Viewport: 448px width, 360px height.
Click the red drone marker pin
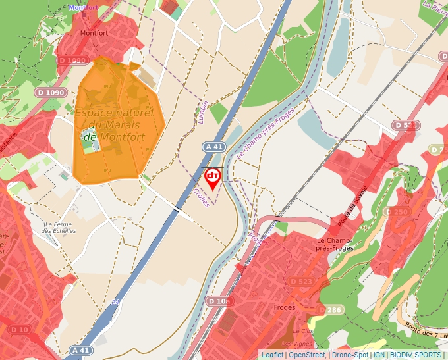point(212,178)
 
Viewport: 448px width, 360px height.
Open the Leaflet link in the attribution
point(271,355)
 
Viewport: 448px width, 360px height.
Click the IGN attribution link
point(379,355)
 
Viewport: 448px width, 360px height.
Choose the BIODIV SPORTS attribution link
point(415,355)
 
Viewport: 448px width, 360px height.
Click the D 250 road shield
point(397,212)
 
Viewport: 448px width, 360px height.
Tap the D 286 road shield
point(331,309)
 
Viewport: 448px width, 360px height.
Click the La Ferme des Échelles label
point(59,227)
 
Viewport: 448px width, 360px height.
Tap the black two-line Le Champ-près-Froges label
point(335,244)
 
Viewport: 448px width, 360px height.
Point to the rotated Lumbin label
point(203,113)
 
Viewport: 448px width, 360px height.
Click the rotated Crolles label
point(201,197)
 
